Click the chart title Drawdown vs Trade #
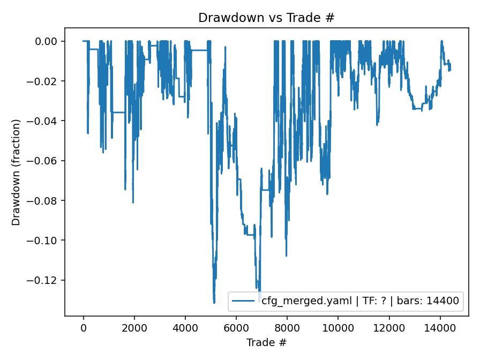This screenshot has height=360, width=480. click(x=266, y=18)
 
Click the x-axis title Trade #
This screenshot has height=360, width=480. click(x=266, y=342)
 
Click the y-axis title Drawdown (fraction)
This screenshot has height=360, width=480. click(x=16, y=172)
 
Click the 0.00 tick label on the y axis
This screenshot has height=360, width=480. click(x=49, y=41)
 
